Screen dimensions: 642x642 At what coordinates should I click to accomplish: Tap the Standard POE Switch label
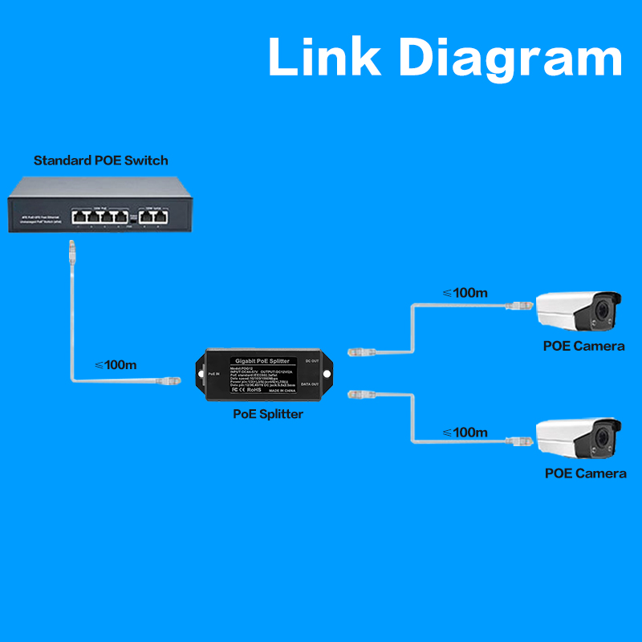[101, 160]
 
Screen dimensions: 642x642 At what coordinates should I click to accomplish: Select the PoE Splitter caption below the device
[267, 414]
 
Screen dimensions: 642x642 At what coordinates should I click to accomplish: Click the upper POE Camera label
[583, 346]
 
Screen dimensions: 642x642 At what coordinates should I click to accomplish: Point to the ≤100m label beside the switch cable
[116, 364]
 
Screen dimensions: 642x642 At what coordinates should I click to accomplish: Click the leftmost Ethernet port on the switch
[79, 215]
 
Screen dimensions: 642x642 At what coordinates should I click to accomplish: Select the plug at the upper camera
[518, 306]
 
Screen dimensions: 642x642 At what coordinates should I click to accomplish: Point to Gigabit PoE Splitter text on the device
[264, 363]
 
